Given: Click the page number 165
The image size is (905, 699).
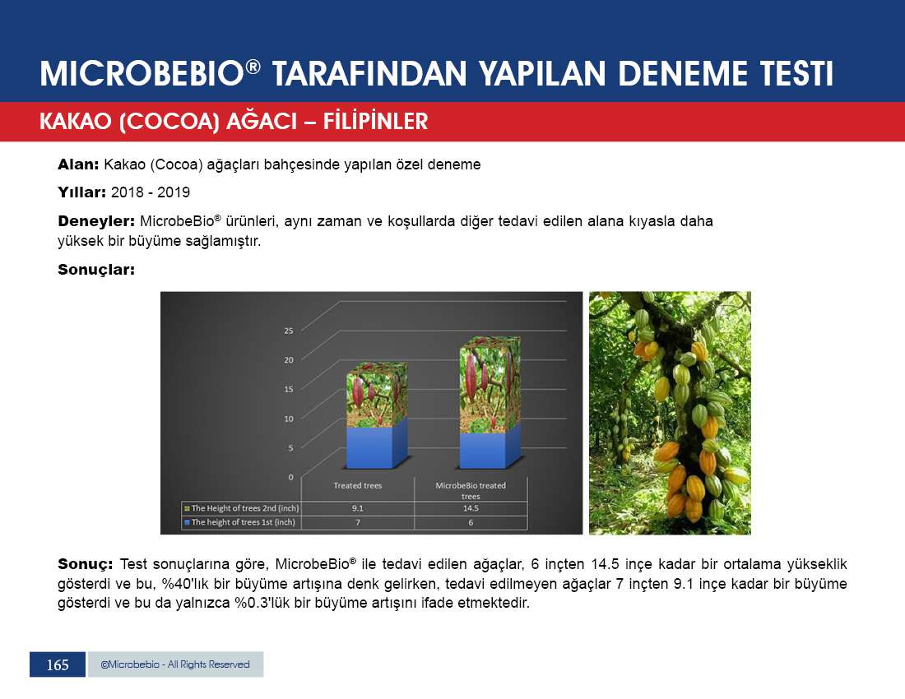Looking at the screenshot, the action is [x=58, y=665].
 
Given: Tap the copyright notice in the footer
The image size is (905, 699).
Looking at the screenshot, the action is [x=175, y=664].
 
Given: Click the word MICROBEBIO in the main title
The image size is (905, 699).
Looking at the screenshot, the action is [x=142, y=74].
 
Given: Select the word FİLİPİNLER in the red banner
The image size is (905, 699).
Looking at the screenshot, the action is [x=376, y=122].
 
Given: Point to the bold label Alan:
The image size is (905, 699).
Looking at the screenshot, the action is [x=78, y=164].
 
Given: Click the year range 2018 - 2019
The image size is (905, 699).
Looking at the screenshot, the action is [x=150, y=192].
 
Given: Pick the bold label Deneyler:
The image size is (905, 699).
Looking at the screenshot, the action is [x=96, y=221].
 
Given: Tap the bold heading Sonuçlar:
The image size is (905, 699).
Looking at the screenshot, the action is [x=96, y=270].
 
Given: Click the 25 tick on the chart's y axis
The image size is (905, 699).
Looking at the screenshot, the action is [x=289, y=331].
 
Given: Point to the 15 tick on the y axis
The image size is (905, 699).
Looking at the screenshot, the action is [x=289, y=389].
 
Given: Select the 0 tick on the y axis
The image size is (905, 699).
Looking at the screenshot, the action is [x=291, y=477].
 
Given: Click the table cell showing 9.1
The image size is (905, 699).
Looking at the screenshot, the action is [x=358, y=508].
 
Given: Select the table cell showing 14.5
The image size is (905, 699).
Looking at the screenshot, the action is [x=471, y=508].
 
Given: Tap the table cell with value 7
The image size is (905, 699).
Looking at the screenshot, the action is [x=358, y=522].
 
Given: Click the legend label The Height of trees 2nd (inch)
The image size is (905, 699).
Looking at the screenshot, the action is [x=245, y=508].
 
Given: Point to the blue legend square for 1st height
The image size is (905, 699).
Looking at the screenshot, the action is [x=187, y=522].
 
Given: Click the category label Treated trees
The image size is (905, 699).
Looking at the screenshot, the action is [x=358, y=486].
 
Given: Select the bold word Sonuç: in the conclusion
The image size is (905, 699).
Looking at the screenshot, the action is [x=86, y=564].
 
